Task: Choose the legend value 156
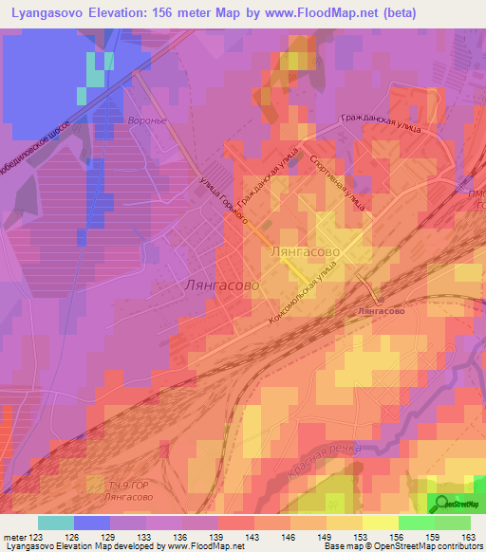pyautogui.click(x=400, y=538)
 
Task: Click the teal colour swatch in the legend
pyautogui.click(x=56, y=523)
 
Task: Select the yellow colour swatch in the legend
pyautogui.click(x=381, y=523)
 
